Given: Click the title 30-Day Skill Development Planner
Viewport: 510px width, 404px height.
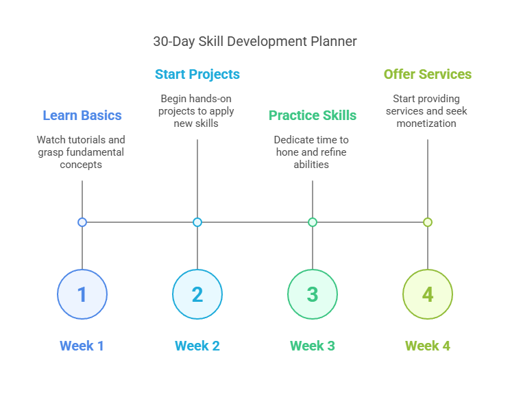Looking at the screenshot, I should (x=254, y=42).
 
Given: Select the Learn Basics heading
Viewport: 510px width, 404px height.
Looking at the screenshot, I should (x=82, y=115).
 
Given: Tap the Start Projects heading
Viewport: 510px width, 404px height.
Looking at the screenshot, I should (x=197, y=74).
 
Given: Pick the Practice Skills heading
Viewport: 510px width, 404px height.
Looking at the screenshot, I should (x=312, y=115).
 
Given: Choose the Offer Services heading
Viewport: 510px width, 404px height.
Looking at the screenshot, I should (x=427, y=74).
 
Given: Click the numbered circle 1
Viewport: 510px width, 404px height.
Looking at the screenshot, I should (x=82, y=294).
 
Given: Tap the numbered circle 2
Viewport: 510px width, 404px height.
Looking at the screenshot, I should (x=197, y=294).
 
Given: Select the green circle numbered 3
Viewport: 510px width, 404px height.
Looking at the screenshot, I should (x=313, y=294).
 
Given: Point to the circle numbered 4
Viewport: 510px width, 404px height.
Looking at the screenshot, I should (x=428, y=294).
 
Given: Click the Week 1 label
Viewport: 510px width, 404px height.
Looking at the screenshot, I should (x=82, y=346).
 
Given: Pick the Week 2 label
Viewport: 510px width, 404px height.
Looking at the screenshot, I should (x=197, y=346).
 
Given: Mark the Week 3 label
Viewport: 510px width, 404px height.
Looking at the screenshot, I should (x=313, y=346).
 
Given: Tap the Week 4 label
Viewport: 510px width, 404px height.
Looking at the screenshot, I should (x=428, y=346).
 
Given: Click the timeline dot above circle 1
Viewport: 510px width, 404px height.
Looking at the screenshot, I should (x=82, y=222).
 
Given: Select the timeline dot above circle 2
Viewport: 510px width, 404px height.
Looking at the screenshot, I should (x=197, y=222).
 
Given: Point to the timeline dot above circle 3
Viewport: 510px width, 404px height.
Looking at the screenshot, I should (x=313, y=222).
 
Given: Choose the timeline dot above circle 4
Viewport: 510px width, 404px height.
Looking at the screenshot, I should (x=428, y=222).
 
